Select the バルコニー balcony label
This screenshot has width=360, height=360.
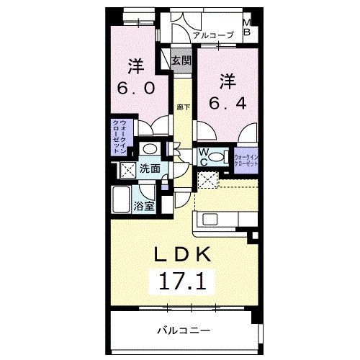coord(184,330)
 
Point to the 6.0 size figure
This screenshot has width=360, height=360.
coord(136,89)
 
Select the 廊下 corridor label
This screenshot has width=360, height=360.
coord(184,107)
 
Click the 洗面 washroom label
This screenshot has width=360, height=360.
coord(150,169)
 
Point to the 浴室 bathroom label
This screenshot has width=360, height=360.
coord(144,207)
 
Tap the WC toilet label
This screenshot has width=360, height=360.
coord(203,157)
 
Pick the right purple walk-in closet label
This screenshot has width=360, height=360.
coord(246,158)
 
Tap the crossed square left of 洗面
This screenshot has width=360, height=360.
coord(127,171)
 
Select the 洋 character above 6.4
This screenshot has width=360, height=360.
coord(228,78)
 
